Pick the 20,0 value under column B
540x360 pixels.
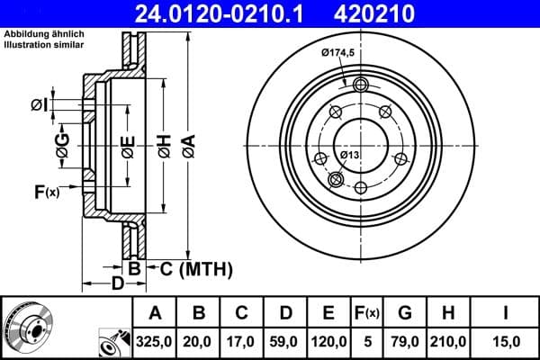point(199,341)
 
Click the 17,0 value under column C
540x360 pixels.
point(242,341)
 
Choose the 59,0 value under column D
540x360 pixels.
point(285,341)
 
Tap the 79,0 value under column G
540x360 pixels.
point(405,341)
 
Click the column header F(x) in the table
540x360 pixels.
point(366,312)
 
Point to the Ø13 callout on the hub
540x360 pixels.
point(350,156)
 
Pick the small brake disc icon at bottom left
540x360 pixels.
point(27,327)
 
